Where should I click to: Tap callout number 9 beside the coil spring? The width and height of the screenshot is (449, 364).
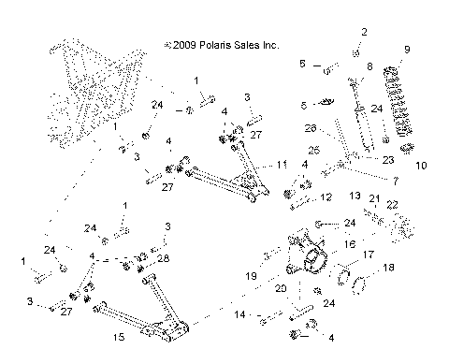click(406, 50)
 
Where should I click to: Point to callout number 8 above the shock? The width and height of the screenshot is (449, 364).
click(369, 67)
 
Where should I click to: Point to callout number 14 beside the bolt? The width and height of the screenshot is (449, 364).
click(240, 315)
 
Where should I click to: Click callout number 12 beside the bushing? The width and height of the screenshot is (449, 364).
click(326, 198)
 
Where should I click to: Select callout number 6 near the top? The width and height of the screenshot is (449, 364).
click(302, 64)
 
